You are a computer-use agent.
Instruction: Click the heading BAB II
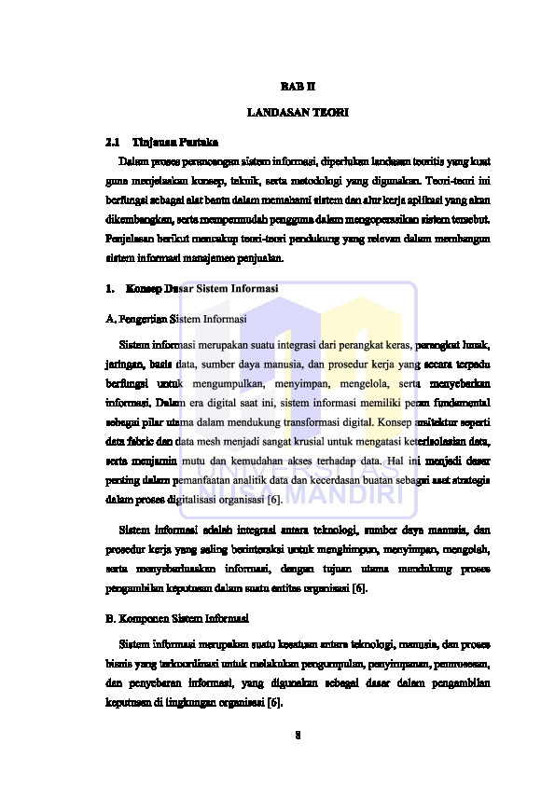click(298, 86)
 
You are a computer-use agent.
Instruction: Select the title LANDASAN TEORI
click(298, 114)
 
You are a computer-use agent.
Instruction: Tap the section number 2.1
click(114, 143)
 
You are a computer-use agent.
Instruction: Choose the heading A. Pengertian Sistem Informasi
click(176, 319)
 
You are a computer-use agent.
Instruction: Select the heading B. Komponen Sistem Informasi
click(176, 619)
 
